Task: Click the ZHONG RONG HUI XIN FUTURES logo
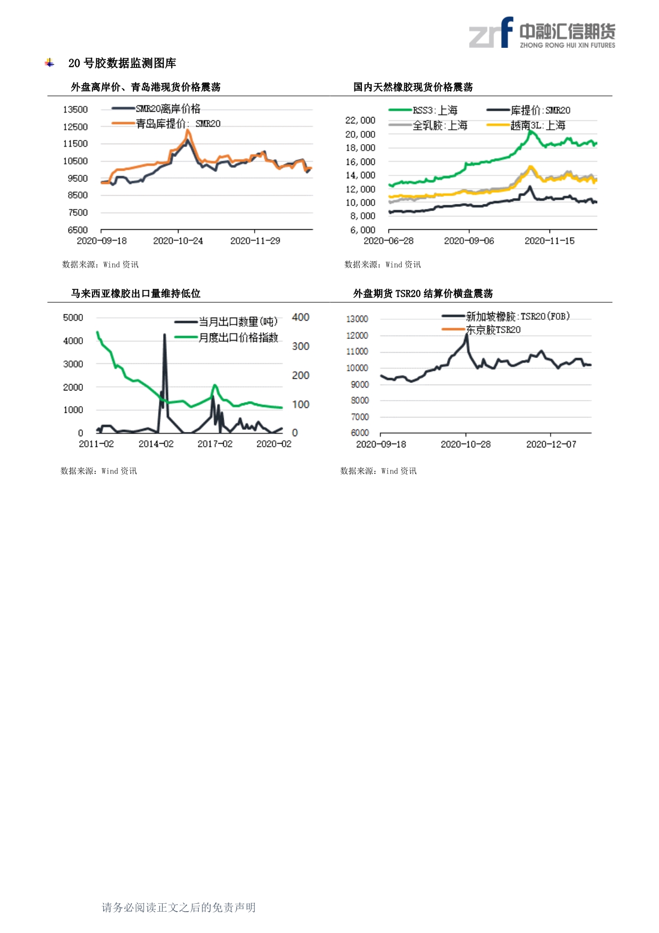pos(542,32)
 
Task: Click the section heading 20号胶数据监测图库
pos(122,63)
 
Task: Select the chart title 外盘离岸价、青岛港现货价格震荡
pos(146,87)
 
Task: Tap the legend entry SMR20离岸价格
pos(156,109)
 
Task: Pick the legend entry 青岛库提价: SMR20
pos(166,123)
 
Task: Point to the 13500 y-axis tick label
pos(75,110)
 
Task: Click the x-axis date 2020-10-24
pos(178,241)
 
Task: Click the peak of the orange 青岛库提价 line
pos(188,130)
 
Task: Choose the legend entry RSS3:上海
pos(423,110)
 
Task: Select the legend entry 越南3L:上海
pos(526,125)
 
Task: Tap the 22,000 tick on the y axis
pos(360,120)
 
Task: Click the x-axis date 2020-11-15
pos(550,241)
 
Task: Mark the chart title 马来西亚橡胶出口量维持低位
pos(136,294)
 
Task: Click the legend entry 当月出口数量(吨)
pos(226,322)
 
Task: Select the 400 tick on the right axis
pos(301,318)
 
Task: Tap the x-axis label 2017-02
pos(215,444)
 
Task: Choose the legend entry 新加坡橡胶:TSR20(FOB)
pos(505,316)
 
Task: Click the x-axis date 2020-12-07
pos(551,444)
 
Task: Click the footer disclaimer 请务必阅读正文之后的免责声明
pos(179,907)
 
